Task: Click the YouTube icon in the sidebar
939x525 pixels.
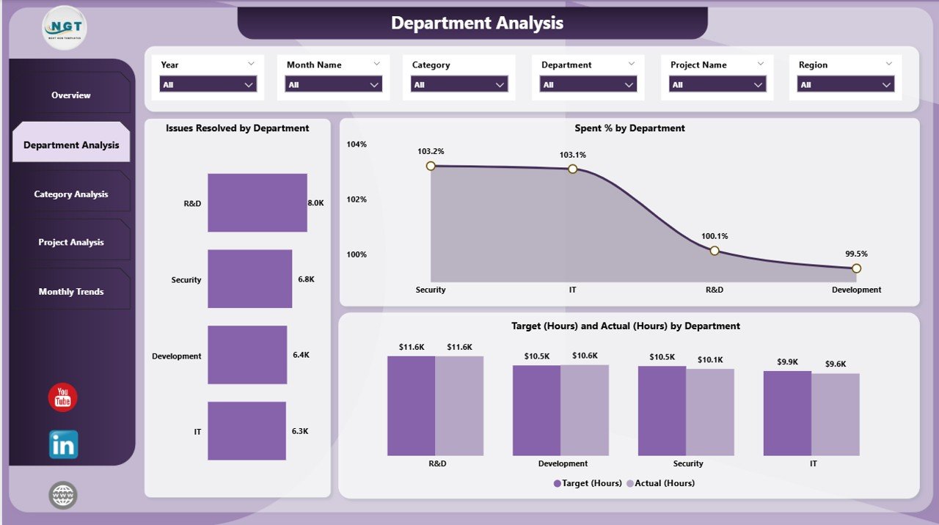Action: coord(63,397)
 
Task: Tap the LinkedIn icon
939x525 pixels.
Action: coord(64,444)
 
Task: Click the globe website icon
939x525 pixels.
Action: coord(63,495)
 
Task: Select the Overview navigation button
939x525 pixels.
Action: coord(71,95)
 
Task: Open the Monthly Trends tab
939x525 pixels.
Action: coord(71,292)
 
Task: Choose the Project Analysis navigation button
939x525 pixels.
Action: coord(71,243)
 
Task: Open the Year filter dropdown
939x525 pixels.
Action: coord(208,85)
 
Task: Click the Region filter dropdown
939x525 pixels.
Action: coord(845,85)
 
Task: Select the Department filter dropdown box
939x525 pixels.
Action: coord(588,85)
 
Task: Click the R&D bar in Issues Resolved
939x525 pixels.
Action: coord(257,202)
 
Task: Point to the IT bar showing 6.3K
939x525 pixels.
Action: coord(246,430)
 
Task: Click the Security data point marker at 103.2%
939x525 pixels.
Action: coord(431,166)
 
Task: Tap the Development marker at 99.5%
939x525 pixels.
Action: coord(856,268)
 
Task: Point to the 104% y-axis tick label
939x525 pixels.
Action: coord(357,144)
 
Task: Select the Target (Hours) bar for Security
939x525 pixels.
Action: coord(662,411)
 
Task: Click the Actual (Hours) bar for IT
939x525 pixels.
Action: coord(836,414)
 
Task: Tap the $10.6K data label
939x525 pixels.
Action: coord(585,356)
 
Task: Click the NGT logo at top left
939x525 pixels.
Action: coord(65,27)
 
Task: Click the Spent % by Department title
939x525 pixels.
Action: coord(629,128)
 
